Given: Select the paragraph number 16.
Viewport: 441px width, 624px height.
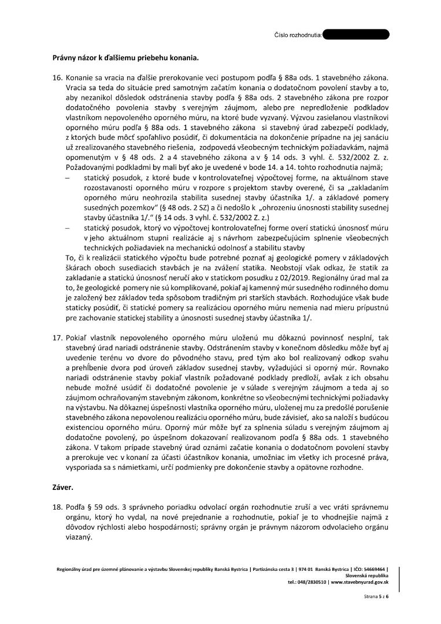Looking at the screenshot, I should (57, 77).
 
